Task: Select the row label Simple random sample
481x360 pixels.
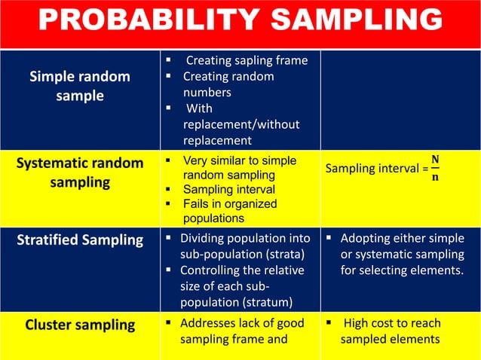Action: (79, 87)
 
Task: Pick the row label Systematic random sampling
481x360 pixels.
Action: (79, 173)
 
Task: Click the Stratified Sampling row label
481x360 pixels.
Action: (80, 240)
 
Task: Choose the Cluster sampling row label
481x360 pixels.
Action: (80, 325)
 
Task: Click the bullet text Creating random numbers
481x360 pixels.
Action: (228, 84)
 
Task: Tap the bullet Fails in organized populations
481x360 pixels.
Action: (230, 211)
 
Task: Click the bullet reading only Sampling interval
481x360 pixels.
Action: (229, 189)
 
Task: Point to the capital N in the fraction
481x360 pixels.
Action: (434, 160)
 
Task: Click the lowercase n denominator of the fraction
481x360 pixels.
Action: (434, 177)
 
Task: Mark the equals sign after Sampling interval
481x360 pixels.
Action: (425, 169)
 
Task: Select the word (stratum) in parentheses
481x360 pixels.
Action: (273, 302)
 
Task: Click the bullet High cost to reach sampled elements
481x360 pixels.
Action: (391, 331)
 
